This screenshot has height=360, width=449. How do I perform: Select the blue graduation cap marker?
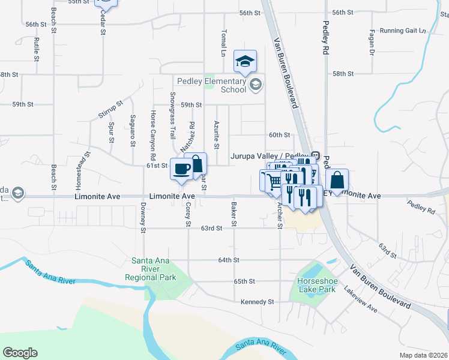tap(245, 61)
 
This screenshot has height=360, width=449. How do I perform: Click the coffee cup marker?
tap(181, 169)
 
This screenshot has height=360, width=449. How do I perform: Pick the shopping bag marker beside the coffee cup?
tap(196, 164)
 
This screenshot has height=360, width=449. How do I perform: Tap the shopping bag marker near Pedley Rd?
tap(337, 180)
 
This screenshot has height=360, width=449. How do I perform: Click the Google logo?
tap(20, 353)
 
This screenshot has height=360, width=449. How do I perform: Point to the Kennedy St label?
tap(257, 302)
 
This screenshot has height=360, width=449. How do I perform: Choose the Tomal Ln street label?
tap(223, 43)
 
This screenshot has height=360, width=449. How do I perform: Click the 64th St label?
tap(229, 260)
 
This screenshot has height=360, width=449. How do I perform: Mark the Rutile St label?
tap(37, 49)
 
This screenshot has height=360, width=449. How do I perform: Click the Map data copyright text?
tap(423, 355)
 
